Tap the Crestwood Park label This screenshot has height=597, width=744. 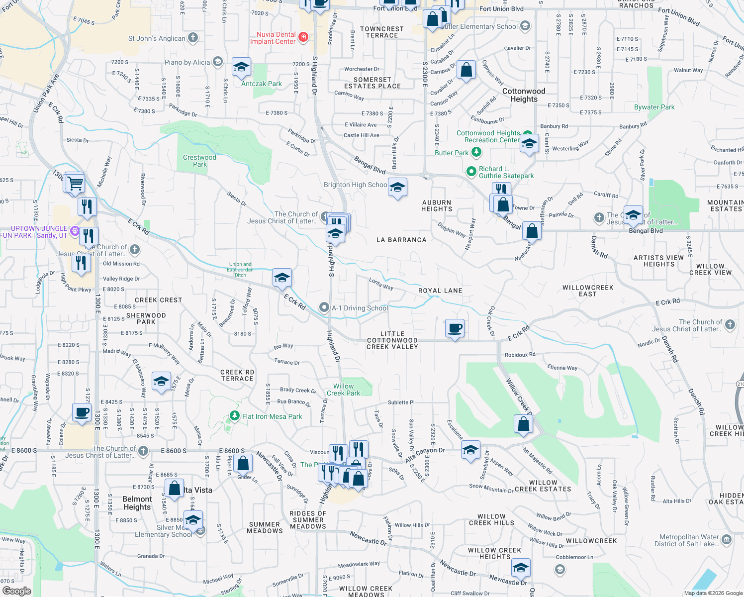pyautogui.click(x=199, y=161)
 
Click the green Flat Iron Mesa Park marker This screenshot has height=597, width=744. pyautogui.click(x=235, y=415)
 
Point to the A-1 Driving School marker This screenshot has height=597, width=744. pyautogui.click(x=324, y=308)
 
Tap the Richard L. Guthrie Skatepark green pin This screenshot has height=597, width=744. pyautogui.click(x=471, y=172)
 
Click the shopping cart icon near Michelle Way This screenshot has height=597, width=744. pyautogui.click(x=75, y=183)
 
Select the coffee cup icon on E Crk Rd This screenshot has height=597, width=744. pyautogui.click(x=455, y=328)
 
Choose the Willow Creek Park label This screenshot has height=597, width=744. pyautogui.click(x=343, y=390)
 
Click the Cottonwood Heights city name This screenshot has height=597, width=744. pyautogui.click(x=524, y=95)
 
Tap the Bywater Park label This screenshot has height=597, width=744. pyautogui.click(x=654, y=107)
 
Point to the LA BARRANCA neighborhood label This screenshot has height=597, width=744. pyautogui.click(x=401, y=240)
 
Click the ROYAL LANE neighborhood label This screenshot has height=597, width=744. pyautogui.click(x=440, y=291)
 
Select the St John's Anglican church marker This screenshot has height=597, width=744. pyautogui.click(x=193, y=38)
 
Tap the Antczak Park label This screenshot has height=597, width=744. pyautogui.click(x=261, y=84)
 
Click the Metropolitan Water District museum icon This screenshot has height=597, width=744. pyautogui.click(x=726, y=539)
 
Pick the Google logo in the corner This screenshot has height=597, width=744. pyautogui.click(x=17, y=591)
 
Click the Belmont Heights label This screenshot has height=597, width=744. pyautogui.click(x=137, y=503)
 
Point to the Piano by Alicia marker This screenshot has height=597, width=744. pyautogui.click(x=217, y=62)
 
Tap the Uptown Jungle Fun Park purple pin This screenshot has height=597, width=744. pyautogui.click(x=75, y=230)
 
